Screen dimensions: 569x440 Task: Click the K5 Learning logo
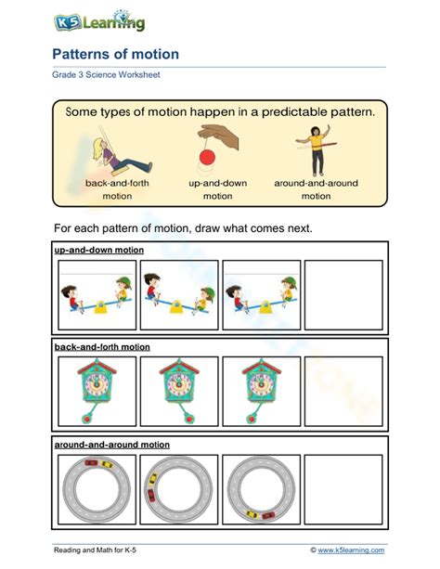click(98, 20)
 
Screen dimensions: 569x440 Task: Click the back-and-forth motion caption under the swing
click(117, 189)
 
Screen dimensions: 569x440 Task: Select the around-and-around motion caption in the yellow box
click(316, 189)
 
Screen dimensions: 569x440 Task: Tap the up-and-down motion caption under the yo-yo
click(217, 189)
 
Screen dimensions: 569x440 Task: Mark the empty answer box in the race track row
click(343, 489)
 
